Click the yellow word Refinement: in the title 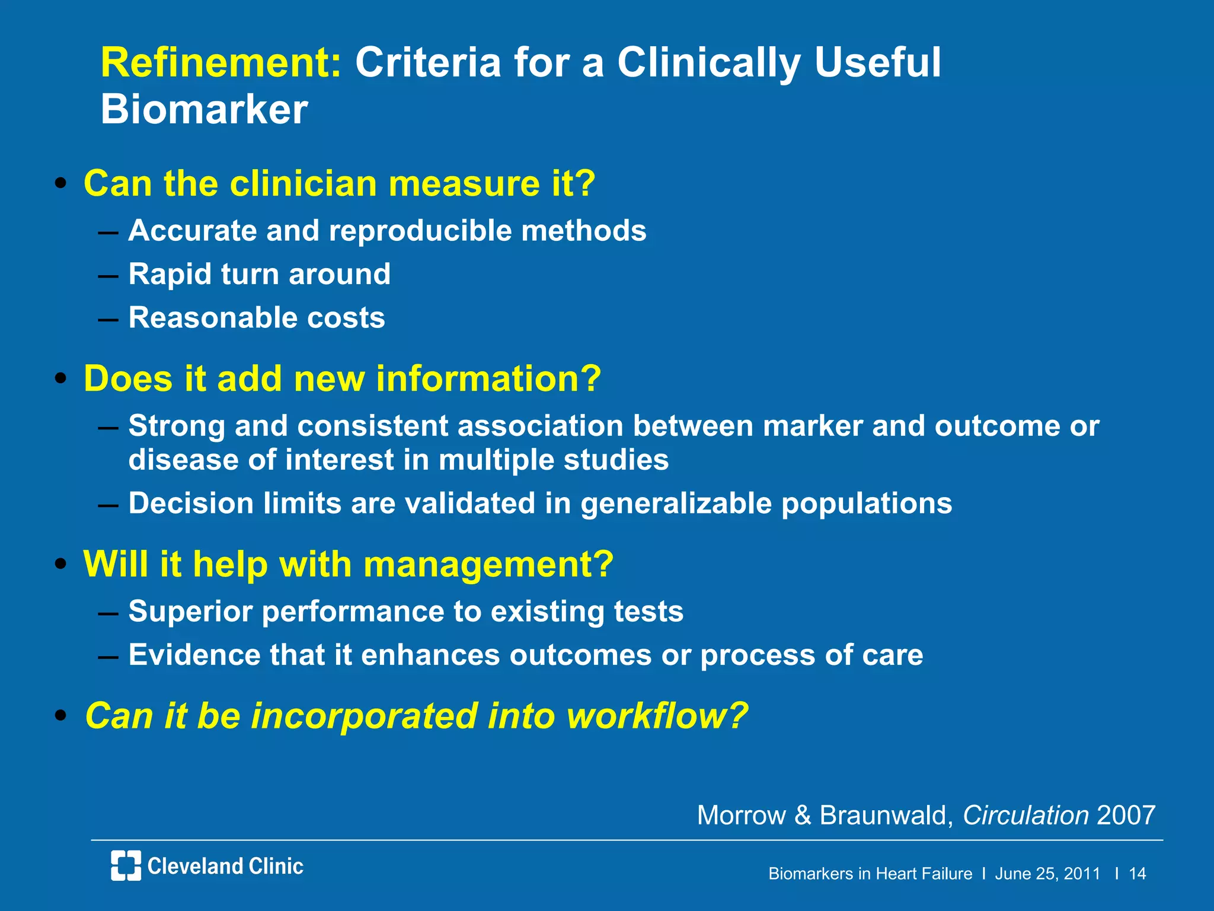[x=221, y=62]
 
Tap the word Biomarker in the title [x=204, y=110]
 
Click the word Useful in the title [x=877, y=62]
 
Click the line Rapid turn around [x=259, y=274]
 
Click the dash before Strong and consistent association [x=108, y=428]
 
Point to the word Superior [x=190, y=611]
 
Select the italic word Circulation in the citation [x=1025, y=815]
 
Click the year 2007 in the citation [x=1126, y=815]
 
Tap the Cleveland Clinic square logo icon [x=126, y=865]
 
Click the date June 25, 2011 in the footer [x=1047, y=874]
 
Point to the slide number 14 [x=1137, y=874]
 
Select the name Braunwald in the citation [x=886, y=815]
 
